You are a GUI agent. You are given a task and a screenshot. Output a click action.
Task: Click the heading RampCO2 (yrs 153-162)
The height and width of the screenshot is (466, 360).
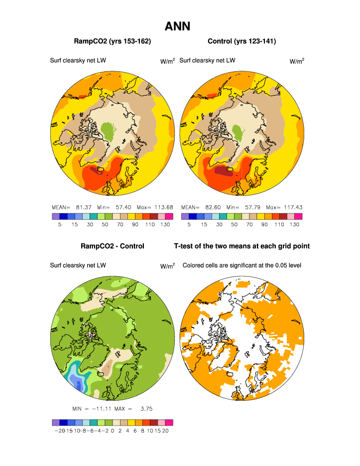click(x=112, y=41)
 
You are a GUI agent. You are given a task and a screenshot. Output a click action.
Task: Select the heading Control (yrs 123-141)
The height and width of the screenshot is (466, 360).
click(x=241, y=41)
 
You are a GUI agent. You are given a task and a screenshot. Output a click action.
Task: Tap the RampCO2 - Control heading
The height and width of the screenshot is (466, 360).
click(x=112, y=246)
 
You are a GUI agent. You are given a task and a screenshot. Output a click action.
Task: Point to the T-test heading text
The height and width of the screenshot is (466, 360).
click(x=241, y=246)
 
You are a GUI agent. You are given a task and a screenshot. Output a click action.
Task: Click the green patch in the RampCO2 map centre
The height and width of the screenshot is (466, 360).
click(x=108, y=131)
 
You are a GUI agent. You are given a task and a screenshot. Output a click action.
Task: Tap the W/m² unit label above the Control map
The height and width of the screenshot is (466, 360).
click(x=297, y=61)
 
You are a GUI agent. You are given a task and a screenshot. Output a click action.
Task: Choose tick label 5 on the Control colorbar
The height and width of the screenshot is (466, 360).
click(x=189, y=225)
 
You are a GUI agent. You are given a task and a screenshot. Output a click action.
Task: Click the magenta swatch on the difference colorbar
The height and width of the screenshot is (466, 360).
click(x=169, y=422)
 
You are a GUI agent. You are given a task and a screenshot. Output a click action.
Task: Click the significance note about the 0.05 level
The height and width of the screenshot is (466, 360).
click(x=242, y=265)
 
